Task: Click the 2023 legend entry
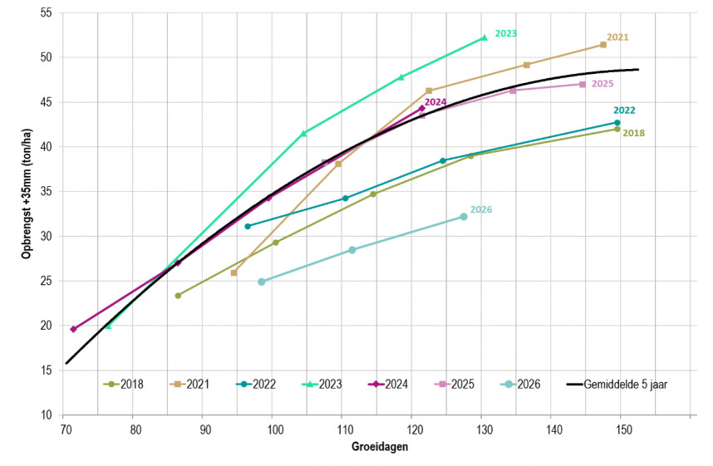click(322, 384)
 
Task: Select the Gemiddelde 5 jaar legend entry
click(617, 384)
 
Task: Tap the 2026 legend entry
click(520, 384)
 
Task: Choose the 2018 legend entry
click(123, 384)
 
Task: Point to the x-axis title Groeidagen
click(380, 446)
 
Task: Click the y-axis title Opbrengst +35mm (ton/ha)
click(27, 194)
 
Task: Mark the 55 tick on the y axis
click(46, 12)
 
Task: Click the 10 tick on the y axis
click(46, 414)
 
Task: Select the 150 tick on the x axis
click(624, 429)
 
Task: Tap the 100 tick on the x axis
click(275, 429)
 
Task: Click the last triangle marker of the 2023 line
click(484, 37)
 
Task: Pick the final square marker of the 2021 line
click(603, 45)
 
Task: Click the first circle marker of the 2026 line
click(262, 282)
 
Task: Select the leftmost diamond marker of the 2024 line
click(74, 329)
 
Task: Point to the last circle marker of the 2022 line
click(617, 123)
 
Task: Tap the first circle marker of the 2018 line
click(178, 296)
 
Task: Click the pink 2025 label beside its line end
click(602, 84)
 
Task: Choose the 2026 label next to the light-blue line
click(481, 209)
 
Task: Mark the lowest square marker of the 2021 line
click(234, 272)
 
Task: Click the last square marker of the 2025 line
click(583, 84)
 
